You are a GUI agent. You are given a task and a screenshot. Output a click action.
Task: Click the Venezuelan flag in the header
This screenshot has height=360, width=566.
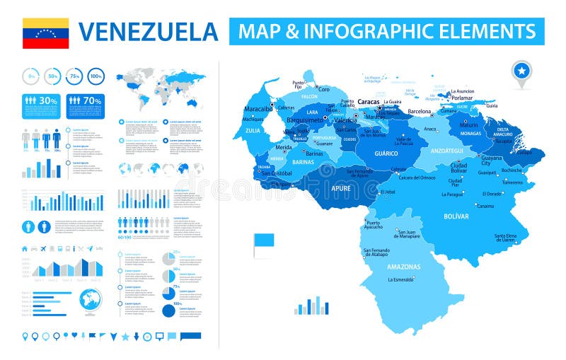click(x=45, y=33)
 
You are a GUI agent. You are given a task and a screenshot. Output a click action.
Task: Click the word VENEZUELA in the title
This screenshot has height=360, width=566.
click(x=148, y=32)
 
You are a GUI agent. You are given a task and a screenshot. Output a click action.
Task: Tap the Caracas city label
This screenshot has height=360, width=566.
click(x=369, y=102)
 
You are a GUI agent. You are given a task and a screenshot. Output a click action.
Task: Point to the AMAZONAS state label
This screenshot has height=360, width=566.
click(x=404, y=267)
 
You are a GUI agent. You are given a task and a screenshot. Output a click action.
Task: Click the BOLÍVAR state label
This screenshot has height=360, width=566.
click(x=457, y=216)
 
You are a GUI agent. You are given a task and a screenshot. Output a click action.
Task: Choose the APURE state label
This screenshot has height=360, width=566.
click(x=340, y=189)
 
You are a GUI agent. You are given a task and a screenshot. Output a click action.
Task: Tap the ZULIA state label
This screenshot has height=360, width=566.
click(x=253, y=131)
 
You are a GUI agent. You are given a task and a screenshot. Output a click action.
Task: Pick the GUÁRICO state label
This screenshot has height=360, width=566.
click(x=386, y=153)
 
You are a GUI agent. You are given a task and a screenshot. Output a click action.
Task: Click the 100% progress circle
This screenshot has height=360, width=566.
click(x=96, y=76)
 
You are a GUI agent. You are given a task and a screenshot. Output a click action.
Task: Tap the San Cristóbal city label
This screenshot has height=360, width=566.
click(x=277, y=173)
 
